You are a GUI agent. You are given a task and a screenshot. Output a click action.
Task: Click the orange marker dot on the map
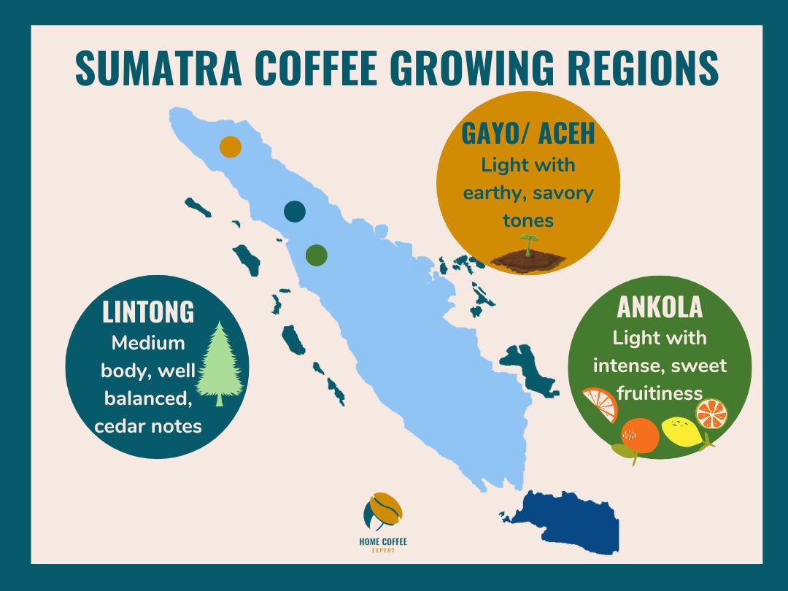click(231, 147)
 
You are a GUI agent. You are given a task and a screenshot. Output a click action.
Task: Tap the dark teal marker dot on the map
click(295, 212)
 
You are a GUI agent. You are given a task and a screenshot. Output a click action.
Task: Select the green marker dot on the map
click(316, 255)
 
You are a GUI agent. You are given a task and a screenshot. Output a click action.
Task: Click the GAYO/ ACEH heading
click(528, 134)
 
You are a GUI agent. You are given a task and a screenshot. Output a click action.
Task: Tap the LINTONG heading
click(149, 312)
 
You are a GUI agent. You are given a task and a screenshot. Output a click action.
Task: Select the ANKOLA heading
click(660, 307)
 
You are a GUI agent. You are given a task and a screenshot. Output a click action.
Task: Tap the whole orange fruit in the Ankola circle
click(640, 435)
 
